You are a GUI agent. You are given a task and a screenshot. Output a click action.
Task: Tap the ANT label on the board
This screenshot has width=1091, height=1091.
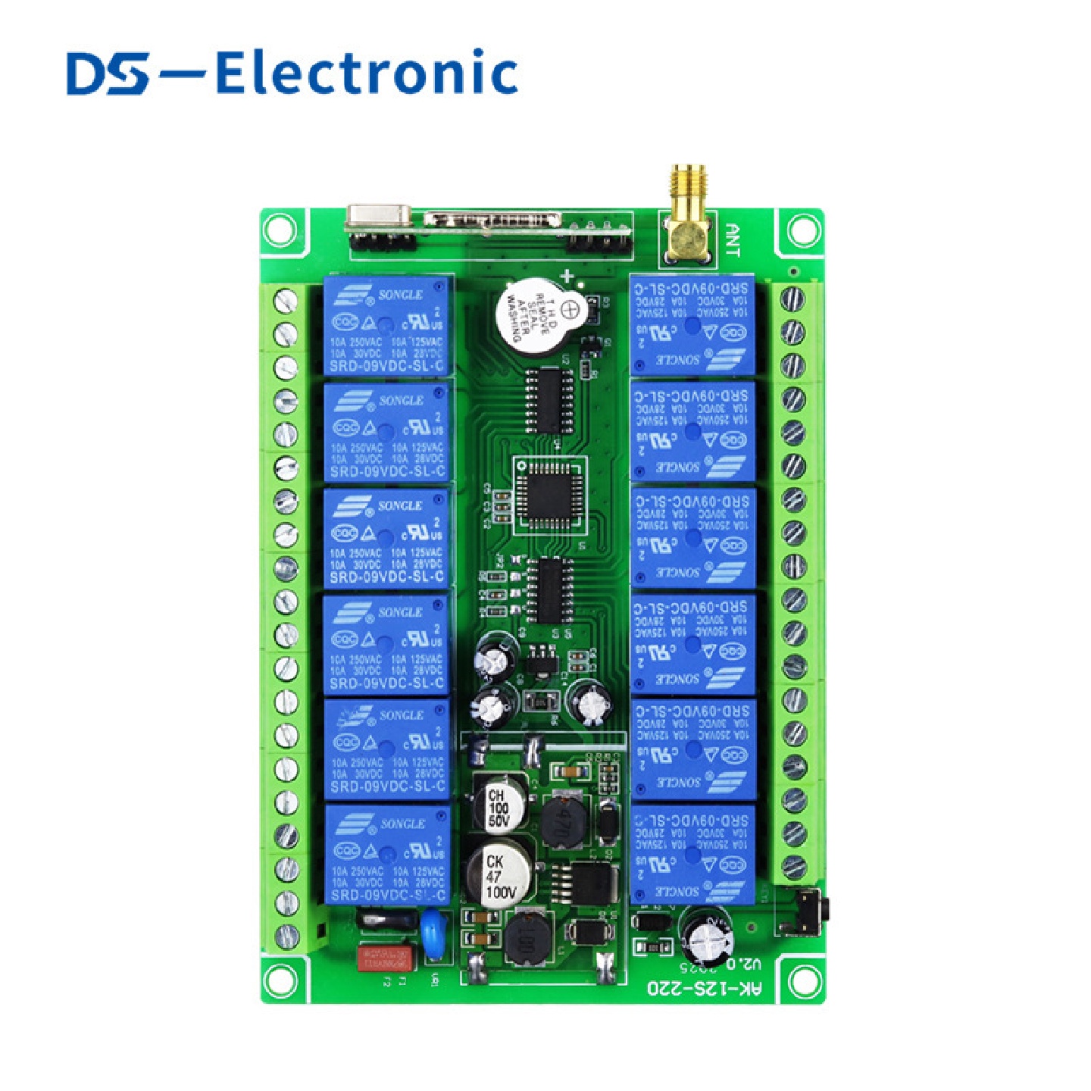(733, 239)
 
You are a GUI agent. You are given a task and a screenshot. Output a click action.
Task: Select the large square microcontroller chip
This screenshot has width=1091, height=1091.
(550, 495)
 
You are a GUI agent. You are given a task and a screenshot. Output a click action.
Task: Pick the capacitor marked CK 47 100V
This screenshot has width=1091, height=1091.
(499, 876)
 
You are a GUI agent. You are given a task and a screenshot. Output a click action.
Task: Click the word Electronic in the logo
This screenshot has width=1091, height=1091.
(367, 73)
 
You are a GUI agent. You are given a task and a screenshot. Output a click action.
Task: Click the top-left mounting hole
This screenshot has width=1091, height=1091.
(280, 230)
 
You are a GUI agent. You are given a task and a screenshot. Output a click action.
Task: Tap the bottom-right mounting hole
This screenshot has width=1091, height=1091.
(803, 981)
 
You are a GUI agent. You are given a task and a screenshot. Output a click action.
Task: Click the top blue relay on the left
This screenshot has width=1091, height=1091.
(387, 325)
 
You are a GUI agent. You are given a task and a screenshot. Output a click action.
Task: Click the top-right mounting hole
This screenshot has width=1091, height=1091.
(803, 230)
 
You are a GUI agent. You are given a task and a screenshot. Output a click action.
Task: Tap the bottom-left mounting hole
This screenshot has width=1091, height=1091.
(280, 981)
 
